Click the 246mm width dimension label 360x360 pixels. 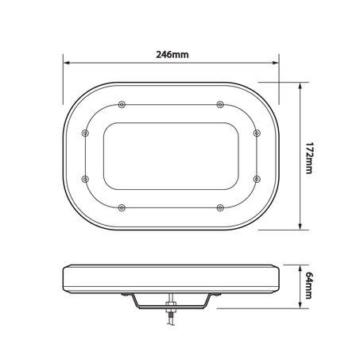point(172,55)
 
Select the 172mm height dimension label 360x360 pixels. point(308,158)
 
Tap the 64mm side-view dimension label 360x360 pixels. point(308,285)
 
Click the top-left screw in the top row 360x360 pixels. point(122,104)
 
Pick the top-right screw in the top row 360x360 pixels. point(220,104)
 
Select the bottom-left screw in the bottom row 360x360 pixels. point(122,207)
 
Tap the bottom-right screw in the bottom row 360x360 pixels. point(220,207)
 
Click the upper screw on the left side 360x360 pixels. point(85,133)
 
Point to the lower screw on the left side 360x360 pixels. point(85,179)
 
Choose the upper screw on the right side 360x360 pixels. point(257,133)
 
